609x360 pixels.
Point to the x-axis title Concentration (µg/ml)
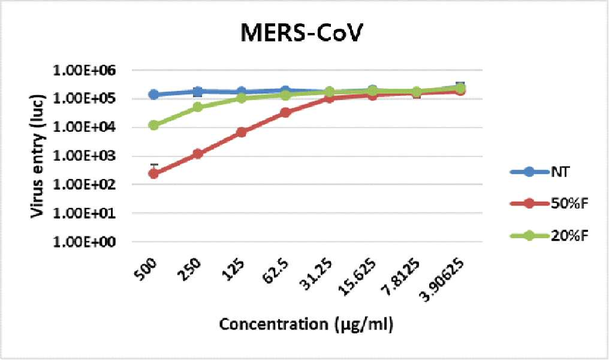click(306, 324)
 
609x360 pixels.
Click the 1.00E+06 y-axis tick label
click(84, 71)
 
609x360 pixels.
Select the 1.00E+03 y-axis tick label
click(84, 156)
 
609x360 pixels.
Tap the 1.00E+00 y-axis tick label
click(84, 242)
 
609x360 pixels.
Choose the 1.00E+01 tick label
click(84, 213)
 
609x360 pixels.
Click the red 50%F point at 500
click(154, 174)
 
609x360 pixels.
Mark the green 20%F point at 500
click(154, 125)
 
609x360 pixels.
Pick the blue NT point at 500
click(154, 94)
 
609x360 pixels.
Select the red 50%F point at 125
click(242, 132)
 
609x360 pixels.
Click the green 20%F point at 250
click(198, 107)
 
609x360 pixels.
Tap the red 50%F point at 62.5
click(285, 113)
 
